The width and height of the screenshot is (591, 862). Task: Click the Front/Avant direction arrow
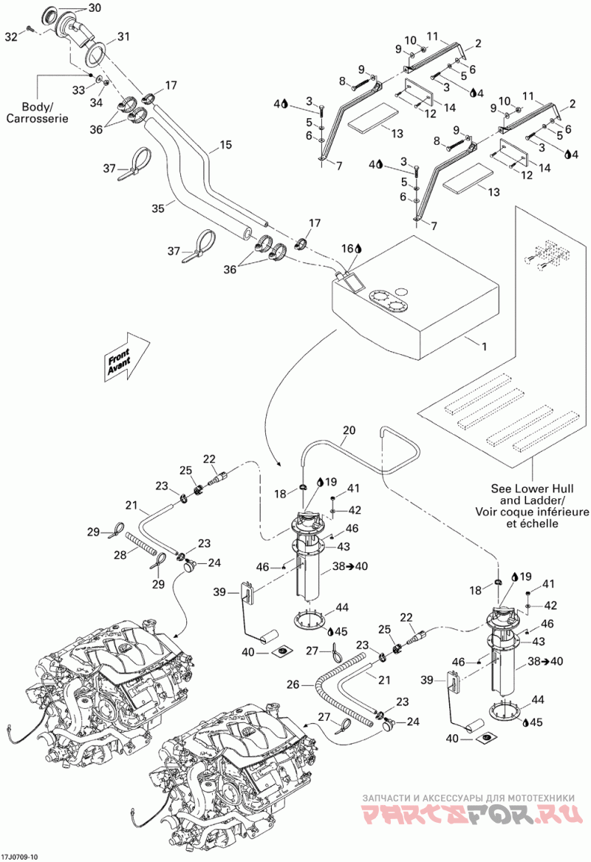click(126, 356)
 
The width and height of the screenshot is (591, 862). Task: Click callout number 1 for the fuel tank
click(484, 347)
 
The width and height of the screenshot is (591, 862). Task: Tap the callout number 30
click(95, 7)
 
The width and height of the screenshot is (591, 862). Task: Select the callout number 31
click(123, 37)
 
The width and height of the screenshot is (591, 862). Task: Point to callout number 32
click(12, 36)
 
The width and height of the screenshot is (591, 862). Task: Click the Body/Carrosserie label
click(38, 112)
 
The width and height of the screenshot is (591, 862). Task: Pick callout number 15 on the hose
click(226, 145)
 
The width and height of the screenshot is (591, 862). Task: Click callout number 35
click(158, 208)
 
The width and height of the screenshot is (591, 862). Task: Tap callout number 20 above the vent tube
click(349, 430)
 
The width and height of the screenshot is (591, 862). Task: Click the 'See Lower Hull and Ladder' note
click(532, 506)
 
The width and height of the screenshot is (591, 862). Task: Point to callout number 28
click(120, 554)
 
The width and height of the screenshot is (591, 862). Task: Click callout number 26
click(293, 685)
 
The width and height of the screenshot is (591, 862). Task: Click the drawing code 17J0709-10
click(20, 857)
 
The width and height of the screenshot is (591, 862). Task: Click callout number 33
click(78, 89)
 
